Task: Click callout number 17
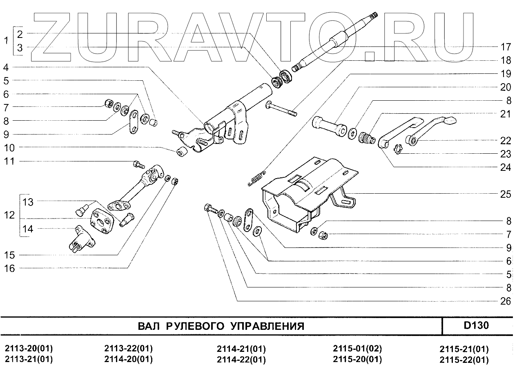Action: point(506,46)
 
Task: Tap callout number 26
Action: point(506,301)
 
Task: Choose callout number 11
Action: point(9,161)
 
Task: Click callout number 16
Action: point(9,268)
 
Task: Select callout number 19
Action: point(506,74)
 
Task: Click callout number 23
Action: point(506,154)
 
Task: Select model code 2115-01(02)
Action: point(357,349)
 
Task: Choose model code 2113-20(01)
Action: point(29,349)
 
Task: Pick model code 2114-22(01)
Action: point(241,360)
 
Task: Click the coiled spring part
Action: point(257,178)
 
